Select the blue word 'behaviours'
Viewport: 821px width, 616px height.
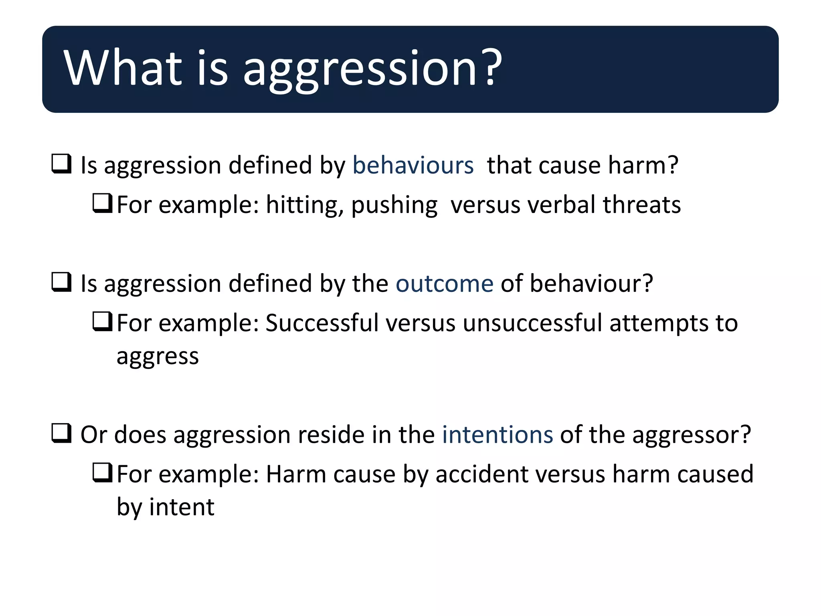coord(413,165)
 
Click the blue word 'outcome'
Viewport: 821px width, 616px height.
coord(445,284)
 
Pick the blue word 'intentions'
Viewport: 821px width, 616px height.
coord(497,435)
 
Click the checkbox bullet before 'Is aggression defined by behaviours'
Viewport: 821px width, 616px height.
coord(61,164)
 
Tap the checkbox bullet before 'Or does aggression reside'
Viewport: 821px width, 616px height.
coord(61,434)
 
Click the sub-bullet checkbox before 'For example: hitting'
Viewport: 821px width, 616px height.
coord(102,203)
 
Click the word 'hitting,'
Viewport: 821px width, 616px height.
coord(305,205)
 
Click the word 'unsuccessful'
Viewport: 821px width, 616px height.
coord(532,323)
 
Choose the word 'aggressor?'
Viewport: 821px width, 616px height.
coord(692,436)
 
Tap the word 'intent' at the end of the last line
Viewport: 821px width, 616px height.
coord(182,507)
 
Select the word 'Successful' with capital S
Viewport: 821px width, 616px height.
coord(322,323)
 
